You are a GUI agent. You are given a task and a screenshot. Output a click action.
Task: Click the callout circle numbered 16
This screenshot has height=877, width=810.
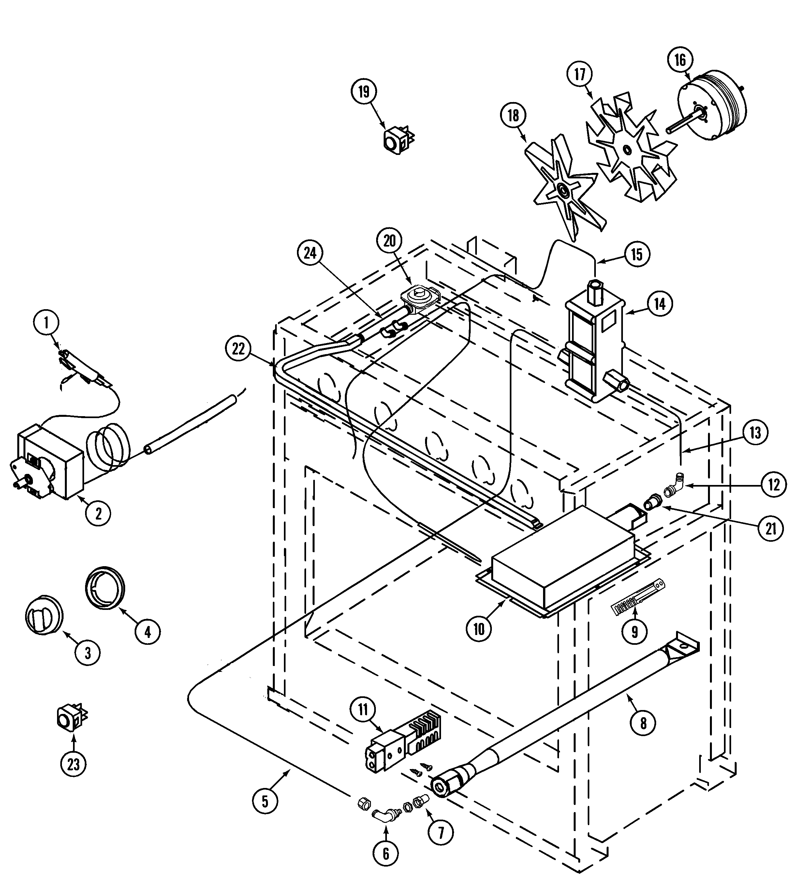[680, 60]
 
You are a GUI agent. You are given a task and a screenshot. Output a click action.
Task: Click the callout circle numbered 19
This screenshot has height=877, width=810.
[364, 92]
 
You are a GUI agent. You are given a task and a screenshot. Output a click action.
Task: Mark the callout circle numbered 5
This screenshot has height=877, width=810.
[265, 801]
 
